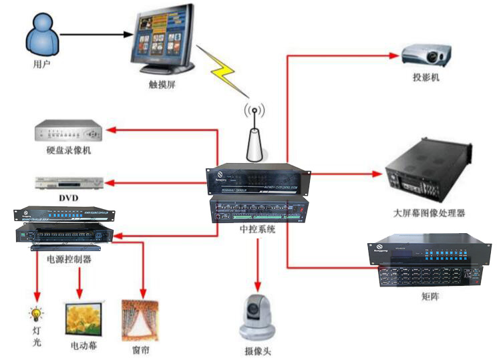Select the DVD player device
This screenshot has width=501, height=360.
point(67,182)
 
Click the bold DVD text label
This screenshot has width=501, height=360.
point(68,198)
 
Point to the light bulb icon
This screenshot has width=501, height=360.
point(35,314)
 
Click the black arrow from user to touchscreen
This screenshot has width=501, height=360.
point(94,34)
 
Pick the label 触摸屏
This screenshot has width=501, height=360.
point(162,85)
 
